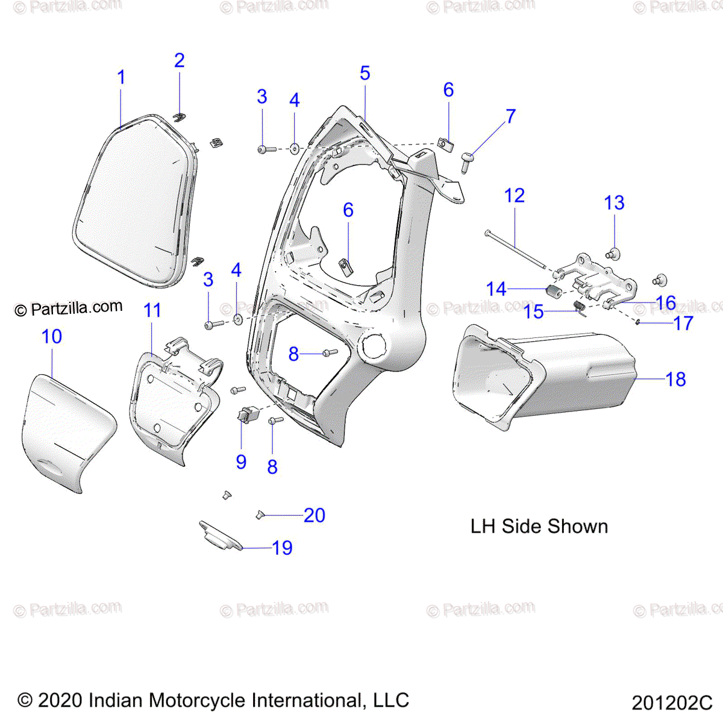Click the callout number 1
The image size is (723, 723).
click(121, 78)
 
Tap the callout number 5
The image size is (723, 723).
click(365, 74)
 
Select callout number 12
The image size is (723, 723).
click(514, 195)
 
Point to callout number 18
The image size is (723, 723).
click(675, 379)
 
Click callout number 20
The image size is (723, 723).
click(314, 515)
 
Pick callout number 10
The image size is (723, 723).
click(52, 336)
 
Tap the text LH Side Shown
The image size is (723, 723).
click(539, 526)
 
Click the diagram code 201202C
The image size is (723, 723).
click(672, 703)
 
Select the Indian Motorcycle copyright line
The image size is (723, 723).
click(213, 700)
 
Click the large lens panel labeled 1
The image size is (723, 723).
click(136, 202)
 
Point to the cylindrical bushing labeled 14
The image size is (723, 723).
click(553, 293)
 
